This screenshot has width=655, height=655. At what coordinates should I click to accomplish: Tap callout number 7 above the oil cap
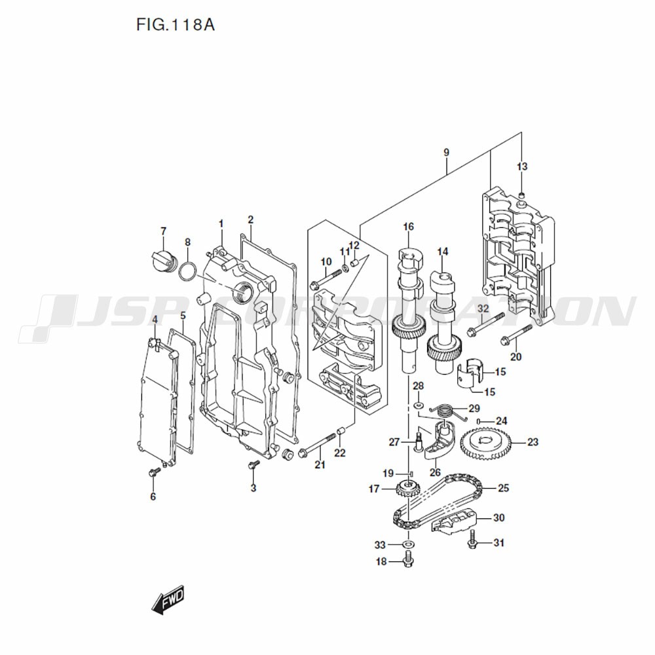coord(163,231)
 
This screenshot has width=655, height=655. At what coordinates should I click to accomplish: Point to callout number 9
coord(446,153)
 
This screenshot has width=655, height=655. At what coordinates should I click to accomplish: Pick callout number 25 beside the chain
coord(503,488)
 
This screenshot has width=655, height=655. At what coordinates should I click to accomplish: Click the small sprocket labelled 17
coord(408,488)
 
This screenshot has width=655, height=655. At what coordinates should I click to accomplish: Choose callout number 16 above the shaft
coord(408,227)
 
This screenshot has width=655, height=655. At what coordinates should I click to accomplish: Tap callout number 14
coord(443,252)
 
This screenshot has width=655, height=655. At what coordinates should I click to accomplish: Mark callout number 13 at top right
coord(521,166)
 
